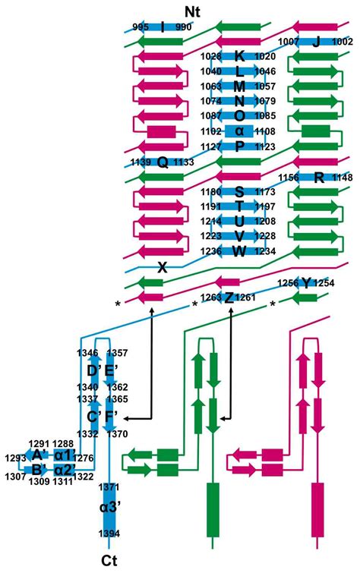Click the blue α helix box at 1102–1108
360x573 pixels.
[x=239, y=131]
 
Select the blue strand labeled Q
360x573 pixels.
[x=162, y=162]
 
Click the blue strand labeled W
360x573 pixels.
[x=239, y=251]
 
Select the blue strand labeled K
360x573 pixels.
[x=239, y=56]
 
